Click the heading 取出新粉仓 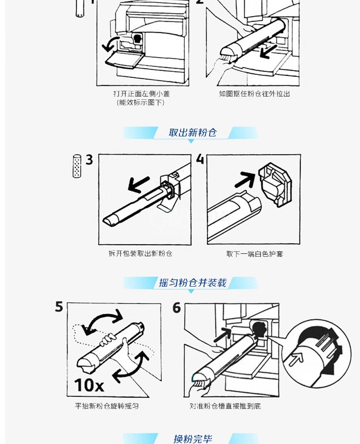point(192,132)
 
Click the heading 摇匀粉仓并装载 point(192,283)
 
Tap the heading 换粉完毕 point(193,439)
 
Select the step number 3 point(89,160)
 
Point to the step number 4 point(200,159)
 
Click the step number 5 point(59,307)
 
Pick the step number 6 point(177,308)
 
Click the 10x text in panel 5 point(89,385)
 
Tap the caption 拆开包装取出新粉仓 point(141,253)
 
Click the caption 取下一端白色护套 point(254,254)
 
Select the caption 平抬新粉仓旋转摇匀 point(107,406)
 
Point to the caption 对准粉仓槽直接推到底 point(225,406)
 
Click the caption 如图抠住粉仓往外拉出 point(254,94)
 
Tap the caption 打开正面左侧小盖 point(141,94)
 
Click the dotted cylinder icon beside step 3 point(77,166)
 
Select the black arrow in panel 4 point(245,180)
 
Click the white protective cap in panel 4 point(275,184)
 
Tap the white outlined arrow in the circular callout point(296,359)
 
